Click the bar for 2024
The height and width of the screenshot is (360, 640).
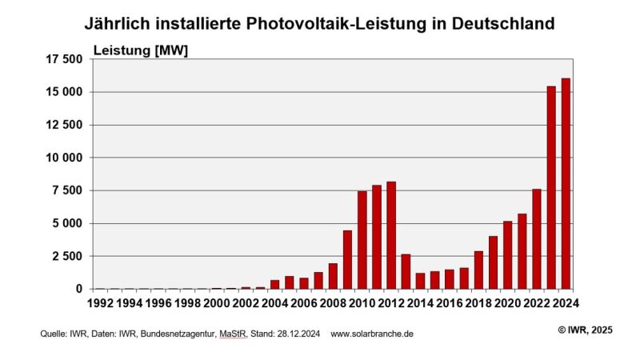click(x=566, y=183)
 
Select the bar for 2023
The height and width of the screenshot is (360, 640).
click(x=551, y=187)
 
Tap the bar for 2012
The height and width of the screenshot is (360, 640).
click(x=391, y=235)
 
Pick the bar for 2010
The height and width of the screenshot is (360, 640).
click(x=362, y=240)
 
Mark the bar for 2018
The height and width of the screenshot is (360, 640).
click(x=478, y=270)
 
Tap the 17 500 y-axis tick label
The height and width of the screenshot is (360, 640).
click(x=62, y=59)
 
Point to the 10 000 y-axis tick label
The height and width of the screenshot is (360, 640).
click(x=62, y=158)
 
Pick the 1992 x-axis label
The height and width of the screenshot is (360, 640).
click(x=100, y=304)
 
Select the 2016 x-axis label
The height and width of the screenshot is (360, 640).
click(x=450, y=304)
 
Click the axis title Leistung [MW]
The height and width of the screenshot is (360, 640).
click(x=141, y=50)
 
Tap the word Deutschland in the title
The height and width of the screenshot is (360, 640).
click(x=503, y=23)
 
